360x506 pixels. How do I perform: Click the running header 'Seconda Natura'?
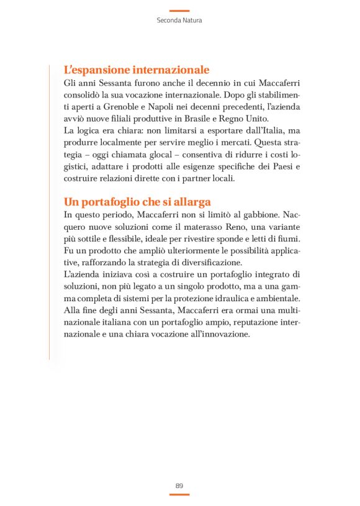[179, 20]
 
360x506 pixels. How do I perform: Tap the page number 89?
[179, 485]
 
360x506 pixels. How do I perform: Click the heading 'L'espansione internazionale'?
[137, 70]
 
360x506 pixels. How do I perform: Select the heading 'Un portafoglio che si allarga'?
[137, 202]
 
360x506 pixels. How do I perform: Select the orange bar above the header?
[179, 11]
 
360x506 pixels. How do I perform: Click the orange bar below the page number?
[179, 494]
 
